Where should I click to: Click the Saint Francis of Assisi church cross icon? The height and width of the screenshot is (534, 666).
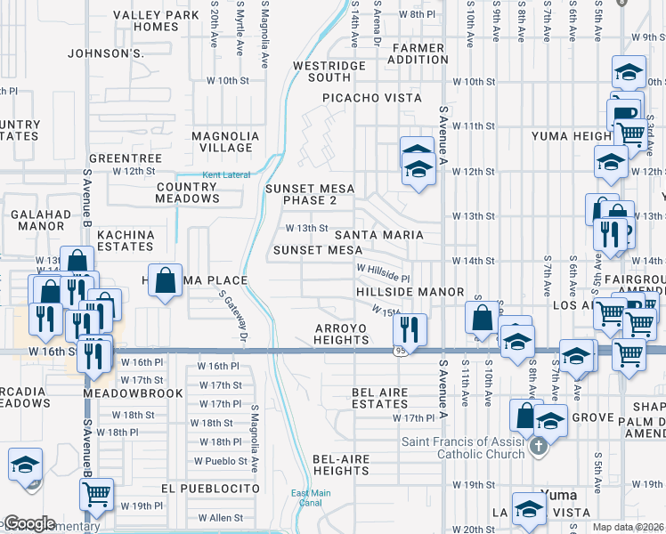536,446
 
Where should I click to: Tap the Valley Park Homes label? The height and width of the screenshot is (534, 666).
144,20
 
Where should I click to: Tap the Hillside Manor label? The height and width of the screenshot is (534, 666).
410,292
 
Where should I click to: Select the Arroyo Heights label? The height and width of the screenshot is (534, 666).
341,334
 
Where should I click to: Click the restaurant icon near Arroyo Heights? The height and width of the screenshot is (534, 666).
410,329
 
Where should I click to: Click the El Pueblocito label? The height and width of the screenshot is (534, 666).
211,489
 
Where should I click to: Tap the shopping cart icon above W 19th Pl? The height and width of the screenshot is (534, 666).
96,492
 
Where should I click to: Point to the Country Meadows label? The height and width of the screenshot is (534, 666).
187,192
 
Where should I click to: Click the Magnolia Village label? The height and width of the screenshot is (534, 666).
225,142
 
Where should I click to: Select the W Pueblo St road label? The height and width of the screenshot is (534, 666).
221,461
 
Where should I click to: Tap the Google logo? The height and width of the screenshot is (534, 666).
28,523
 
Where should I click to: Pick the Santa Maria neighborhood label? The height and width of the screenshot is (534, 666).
378,235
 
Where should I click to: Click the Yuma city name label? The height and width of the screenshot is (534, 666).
559,494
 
